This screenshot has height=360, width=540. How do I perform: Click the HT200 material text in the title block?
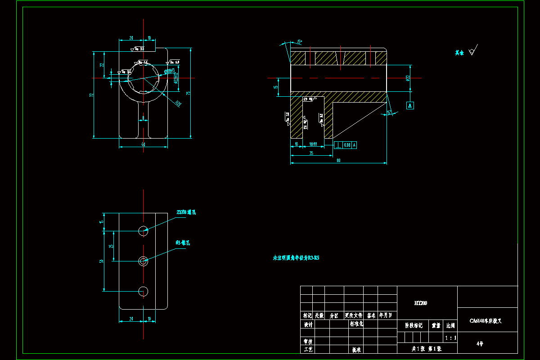pyautogui.click(x=421, y=303)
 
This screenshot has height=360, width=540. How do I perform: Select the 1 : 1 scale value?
pyautogui.click(x=450, y=337)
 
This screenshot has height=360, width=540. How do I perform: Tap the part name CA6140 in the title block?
pyautogui.click(x=486, y=321)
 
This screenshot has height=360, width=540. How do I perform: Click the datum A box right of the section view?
pyautogui.click(x=410, y=106)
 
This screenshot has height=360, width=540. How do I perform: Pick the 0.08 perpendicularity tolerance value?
pyautogui.click(x=347, y=145)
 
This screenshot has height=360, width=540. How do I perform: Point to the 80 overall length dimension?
pyautogui.click(x=338, y=161)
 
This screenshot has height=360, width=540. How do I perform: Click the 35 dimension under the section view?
pyautogui.click(x=311, y=153)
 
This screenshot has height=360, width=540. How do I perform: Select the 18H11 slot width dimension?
pyautogui.click(x=314, y=144)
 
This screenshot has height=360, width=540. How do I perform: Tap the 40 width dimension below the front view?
pyautogui.click(x=143, y=144)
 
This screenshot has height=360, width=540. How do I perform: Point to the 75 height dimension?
pyautogui.click(x=189, y=93)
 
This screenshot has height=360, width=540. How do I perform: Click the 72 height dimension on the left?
pyautogui.click(x=91, y=95)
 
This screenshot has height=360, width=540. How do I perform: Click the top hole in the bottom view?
pyautogui.click(x=143, y=231)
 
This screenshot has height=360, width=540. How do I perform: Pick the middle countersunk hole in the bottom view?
pyautogui.click(x=143, y=261)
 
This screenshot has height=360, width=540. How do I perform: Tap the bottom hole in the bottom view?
pyautogui.click(x=143, y=291)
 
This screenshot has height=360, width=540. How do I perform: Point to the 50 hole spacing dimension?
pyautogui.click(x=102, y=261)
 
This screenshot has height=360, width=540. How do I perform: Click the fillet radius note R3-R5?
pyautogui.click(x=296, y=258)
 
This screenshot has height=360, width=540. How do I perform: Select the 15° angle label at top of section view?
pyautogui.click(x=299, y=41)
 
